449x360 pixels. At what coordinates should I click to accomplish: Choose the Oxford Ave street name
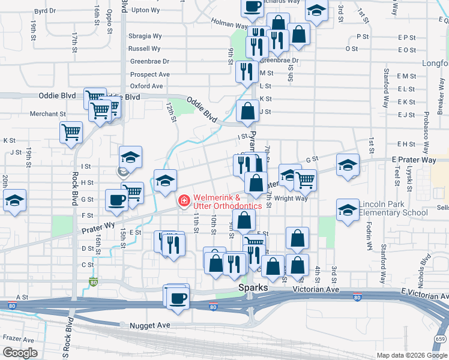[x=146, y=86]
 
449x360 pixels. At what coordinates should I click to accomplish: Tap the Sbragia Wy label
[x=145, y=36]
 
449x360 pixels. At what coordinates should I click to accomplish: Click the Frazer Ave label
[x=17, y=338]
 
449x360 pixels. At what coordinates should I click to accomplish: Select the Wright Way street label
[x=292, y=198]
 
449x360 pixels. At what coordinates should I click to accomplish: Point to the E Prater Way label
[x=414, y=160]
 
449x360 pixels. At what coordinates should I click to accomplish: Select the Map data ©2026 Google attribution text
[x=412, y=355]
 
